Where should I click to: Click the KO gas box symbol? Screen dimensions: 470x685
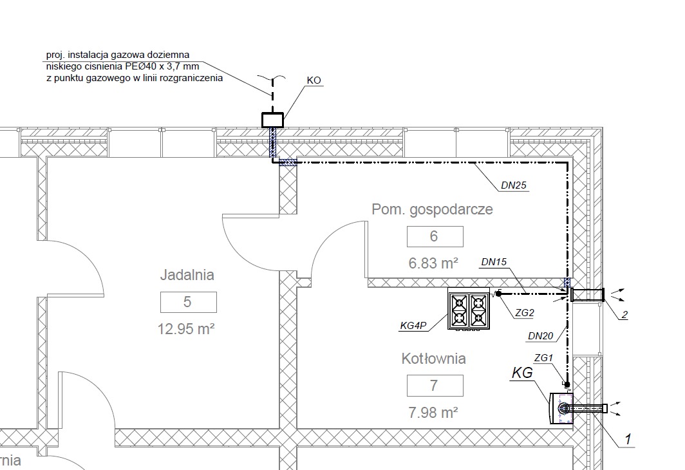point(272,120)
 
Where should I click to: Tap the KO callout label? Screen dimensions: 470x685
point(314,80)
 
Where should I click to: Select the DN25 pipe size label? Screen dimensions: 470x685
point(514,186)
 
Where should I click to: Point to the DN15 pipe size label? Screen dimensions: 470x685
point(494,262)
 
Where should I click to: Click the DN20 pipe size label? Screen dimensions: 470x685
point(540,336)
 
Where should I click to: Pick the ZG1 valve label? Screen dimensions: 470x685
point(544,357)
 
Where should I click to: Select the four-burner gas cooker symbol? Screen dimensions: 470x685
point(469,309)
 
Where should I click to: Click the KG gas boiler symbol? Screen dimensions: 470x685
point(560,408)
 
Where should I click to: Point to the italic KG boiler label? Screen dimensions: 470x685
point(523,373)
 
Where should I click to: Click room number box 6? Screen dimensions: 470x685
point(435,236)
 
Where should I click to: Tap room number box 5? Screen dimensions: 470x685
point(188,302)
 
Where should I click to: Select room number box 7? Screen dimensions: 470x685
point(435,386)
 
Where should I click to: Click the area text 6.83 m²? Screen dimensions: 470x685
point(433,263)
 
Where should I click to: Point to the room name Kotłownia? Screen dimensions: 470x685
point(433,359)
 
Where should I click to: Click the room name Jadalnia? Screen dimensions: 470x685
point(187,275)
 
